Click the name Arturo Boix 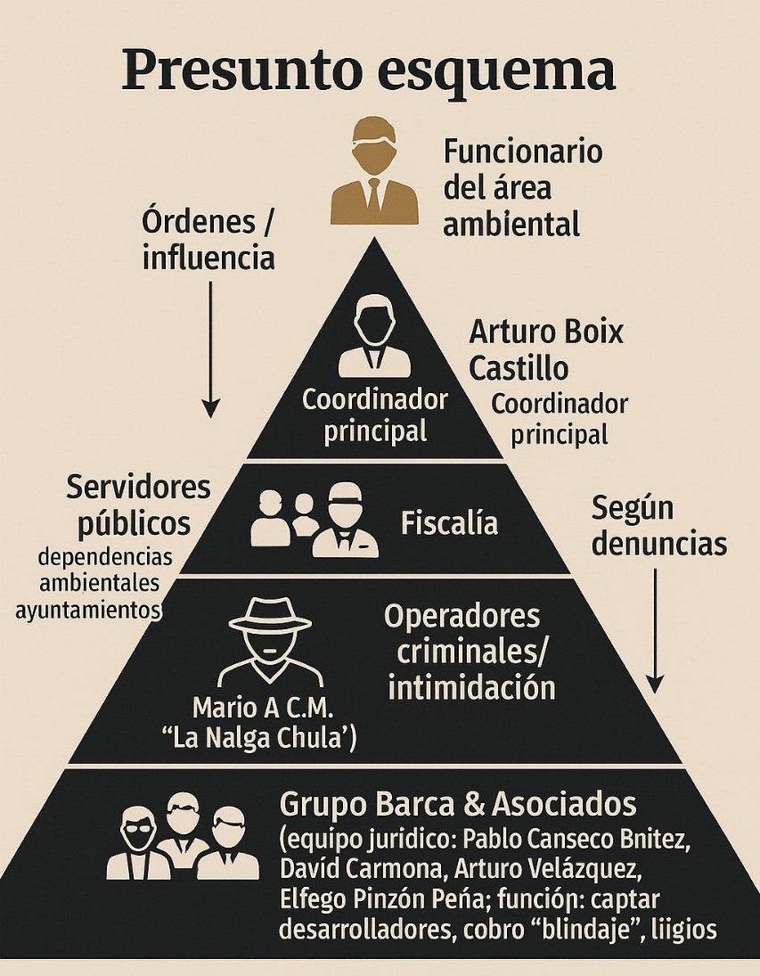(545, 333)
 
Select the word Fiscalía (449, 523)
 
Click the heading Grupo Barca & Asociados (458, 804)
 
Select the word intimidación (471, 687)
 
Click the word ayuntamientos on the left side (89, 610)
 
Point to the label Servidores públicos (139, 504)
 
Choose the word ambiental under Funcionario (511, 223)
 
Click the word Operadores (462, 616)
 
